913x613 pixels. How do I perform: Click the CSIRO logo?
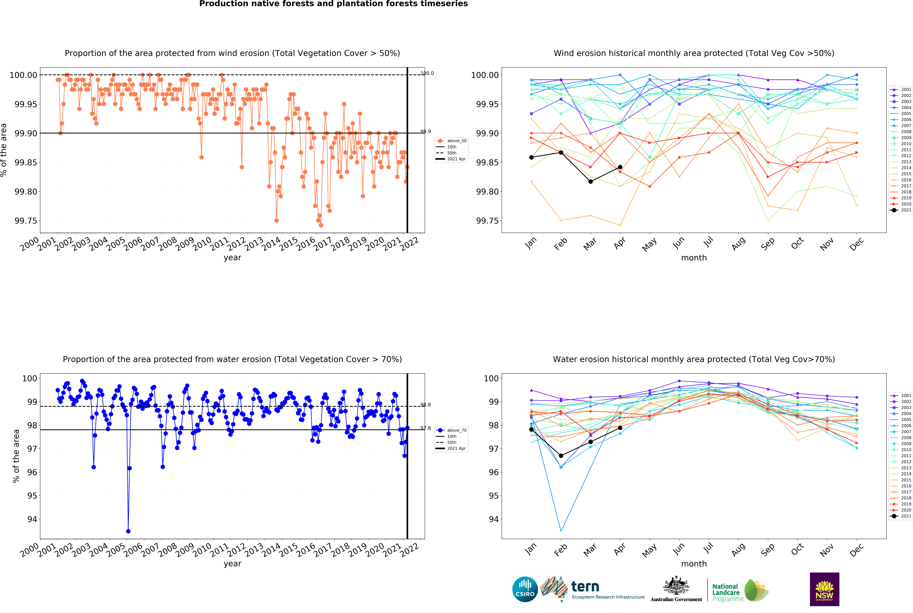(x=525, y=589)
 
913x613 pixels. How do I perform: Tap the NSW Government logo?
(x=824, y=589)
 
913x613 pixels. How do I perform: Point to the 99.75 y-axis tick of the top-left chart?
(x=26, y=221)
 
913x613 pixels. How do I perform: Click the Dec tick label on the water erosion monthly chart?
(x=856, y=550)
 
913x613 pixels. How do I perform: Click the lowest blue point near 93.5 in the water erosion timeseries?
(x=128, y=531)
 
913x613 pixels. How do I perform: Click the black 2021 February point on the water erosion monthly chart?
(x=561, y=456)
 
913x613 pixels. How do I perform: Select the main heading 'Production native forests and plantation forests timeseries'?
(x=333, y=4)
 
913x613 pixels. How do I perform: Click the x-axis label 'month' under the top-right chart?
(x=694, y=258)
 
